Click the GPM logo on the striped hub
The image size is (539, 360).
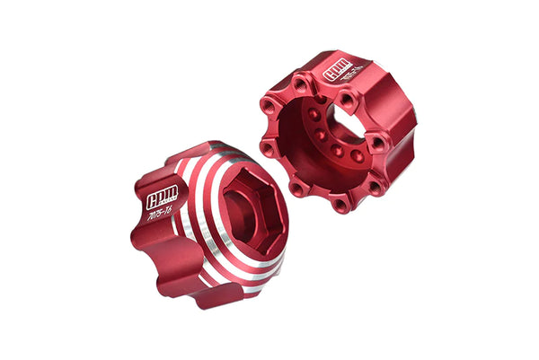coord(162,196)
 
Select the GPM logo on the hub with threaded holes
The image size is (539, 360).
coord(336,73)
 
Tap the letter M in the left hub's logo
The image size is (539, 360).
coord(172,192)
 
